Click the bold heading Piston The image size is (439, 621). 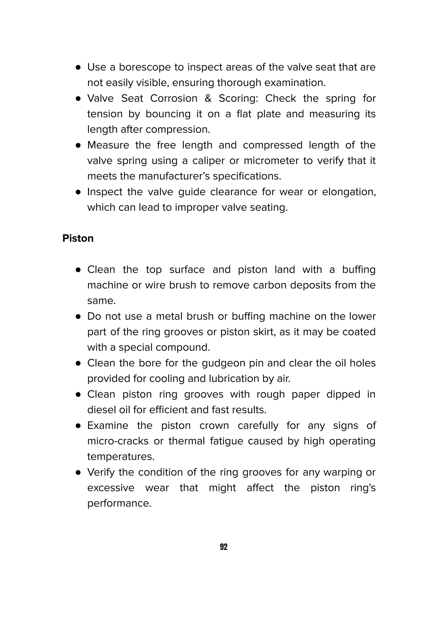(x=78, y=238)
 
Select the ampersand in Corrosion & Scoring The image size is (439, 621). (x=208, y=98)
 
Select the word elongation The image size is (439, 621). (x=349, y=192)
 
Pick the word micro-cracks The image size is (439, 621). (x=118, y=441)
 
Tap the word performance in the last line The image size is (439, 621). (x=119, y=503)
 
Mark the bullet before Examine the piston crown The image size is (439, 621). (x=78, y=426)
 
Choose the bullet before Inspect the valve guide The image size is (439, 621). (x=78, y=192)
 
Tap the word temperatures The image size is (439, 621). (x=121, y=457)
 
